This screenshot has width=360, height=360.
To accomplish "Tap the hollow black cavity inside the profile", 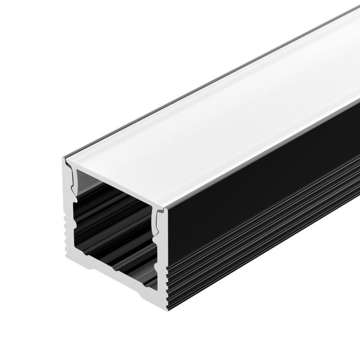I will (x=112, y=225).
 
